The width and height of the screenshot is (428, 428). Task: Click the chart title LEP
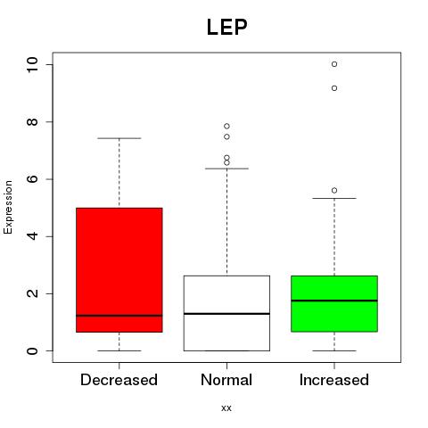pos(226,27)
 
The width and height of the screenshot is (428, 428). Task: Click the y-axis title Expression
pos(8,207)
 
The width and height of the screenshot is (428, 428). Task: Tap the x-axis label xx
pos(226,407)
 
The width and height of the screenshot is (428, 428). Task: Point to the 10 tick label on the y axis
pos(32,64)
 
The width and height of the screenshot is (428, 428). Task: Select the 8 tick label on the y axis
pos(32,122)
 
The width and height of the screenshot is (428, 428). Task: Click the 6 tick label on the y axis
pos(32,179)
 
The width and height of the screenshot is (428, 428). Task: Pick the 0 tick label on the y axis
pos(32,350)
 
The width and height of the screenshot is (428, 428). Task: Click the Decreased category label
pos(119,380)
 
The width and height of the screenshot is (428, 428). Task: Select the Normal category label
pos(226,380)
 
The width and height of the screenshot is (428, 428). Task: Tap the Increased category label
pos(334,380)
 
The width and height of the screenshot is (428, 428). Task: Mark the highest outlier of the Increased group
pos(334,64)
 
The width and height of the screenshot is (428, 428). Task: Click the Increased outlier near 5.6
pos(334,191)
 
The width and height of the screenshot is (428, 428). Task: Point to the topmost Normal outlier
pos(226,127)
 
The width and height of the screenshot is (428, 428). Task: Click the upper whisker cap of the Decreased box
pos(119,138)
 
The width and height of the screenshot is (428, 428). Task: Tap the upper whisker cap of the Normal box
pos(226,169)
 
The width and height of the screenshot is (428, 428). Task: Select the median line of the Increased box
pos(334,300)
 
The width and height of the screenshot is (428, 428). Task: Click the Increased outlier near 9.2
pos(334,88)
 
